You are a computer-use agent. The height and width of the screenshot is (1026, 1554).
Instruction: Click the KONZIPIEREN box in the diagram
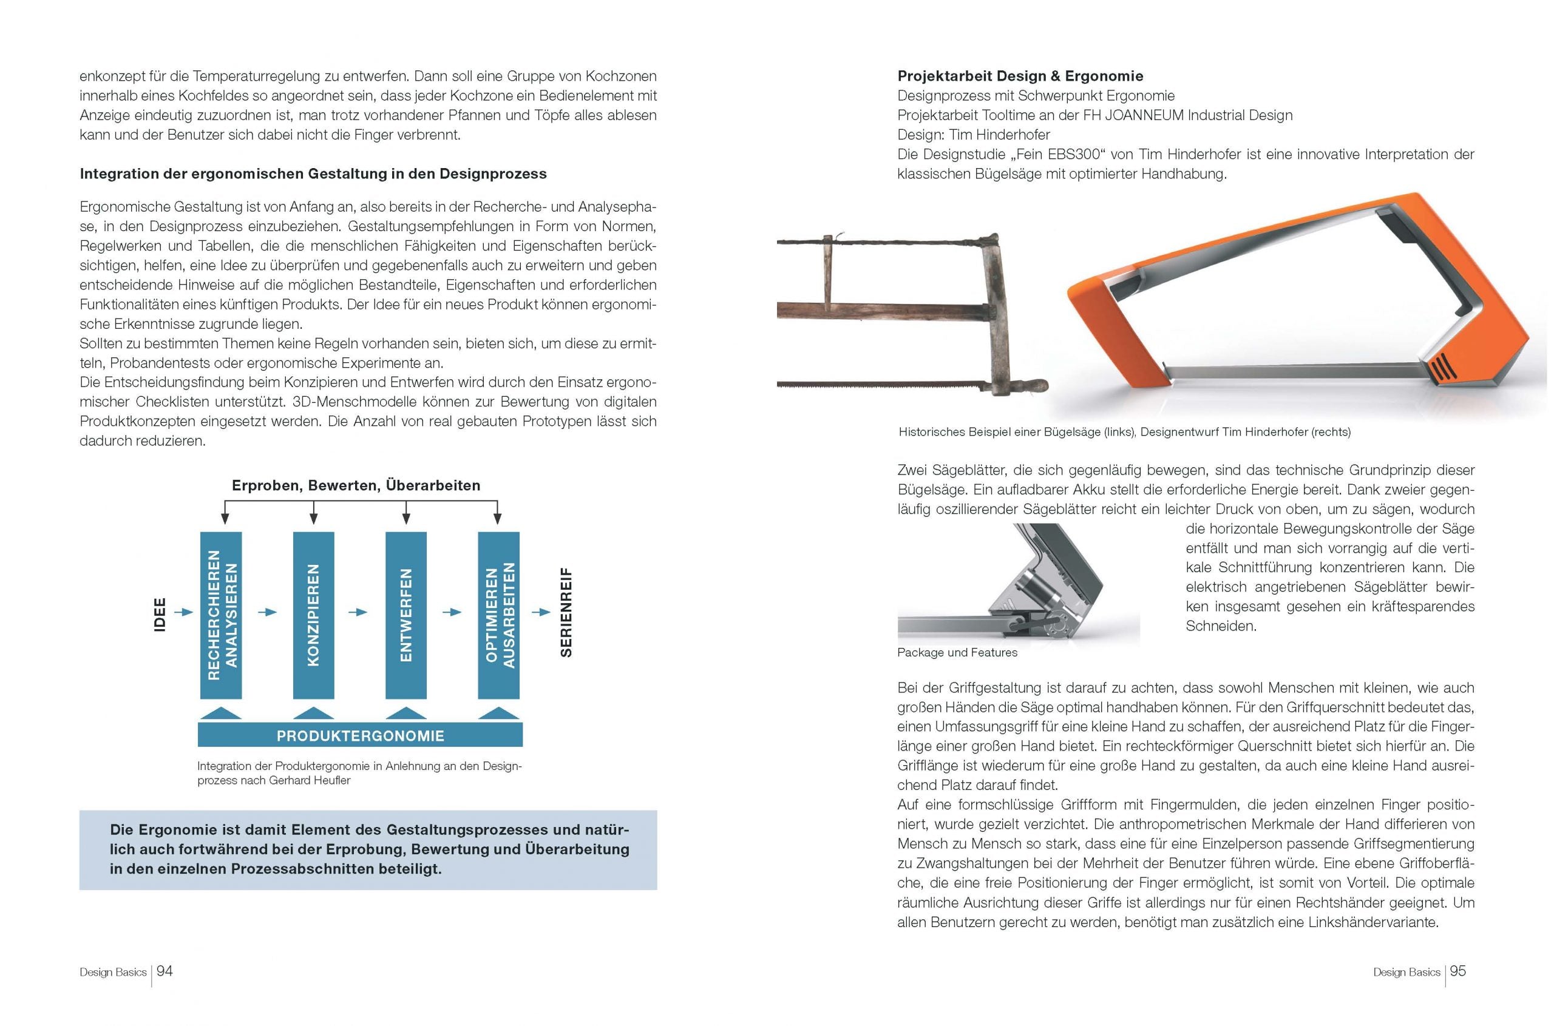314,615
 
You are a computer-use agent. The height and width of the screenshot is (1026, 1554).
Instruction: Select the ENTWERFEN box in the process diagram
406,615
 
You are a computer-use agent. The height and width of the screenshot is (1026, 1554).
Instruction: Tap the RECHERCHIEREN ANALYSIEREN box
221,615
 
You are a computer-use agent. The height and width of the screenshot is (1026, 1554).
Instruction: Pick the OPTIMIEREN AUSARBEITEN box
499,615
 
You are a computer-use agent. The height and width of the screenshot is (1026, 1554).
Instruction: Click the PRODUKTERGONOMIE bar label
360,736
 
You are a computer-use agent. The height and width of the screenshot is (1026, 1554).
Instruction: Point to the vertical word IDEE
159,615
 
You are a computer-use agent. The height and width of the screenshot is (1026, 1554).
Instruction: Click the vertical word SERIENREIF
566,612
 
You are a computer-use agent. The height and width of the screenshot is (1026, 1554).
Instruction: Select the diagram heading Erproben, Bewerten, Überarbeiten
356,485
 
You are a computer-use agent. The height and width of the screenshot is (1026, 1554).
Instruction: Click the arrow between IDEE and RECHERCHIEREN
185,612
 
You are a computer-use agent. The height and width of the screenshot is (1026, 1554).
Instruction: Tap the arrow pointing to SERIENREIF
541,612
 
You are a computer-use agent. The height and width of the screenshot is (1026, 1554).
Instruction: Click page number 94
165,971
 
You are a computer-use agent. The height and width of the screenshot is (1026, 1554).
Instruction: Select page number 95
1457,971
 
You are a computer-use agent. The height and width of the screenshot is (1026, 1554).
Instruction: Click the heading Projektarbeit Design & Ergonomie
1020,76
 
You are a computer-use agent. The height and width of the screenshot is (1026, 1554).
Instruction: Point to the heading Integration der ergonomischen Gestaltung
313,174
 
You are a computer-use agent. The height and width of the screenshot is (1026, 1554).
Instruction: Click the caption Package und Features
957,652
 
